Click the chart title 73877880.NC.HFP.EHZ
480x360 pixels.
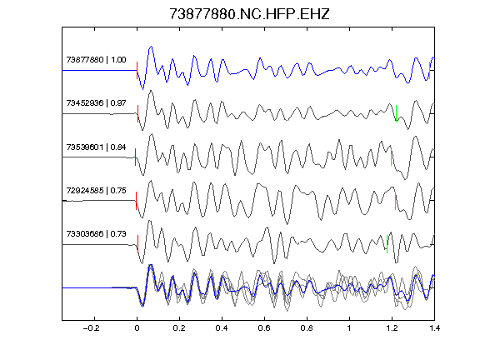point(249,14)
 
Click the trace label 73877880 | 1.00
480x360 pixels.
point(96,59)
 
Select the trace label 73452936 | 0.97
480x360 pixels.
point(96,102)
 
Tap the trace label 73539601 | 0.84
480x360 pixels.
point(96,147)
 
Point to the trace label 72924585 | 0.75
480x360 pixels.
point(96,190)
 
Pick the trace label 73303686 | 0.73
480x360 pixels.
point(96,234)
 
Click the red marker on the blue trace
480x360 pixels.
point(137,70)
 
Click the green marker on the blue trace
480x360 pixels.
point(429,70)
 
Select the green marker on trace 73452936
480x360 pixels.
point(396,114)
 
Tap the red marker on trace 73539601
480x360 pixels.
point(135,157)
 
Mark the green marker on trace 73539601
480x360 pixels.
point(391,157)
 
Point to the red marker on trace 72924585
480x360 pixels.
point(136,201)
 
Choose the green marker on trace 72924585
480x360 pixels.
point(396,201)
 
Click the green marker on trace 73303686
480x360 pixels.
point(387,244)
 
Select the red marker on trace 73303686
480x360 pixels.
point(138,244)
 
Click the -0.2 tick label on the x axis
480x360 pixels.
point(91,328)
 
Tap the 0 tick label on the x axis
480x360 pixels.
point(137,328)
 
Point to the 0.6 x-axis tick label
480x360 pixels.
point(264,328)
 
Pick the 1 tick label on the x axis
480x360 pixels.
point(349,328)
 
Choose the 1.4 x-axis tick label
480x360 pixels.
point(434,328)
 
